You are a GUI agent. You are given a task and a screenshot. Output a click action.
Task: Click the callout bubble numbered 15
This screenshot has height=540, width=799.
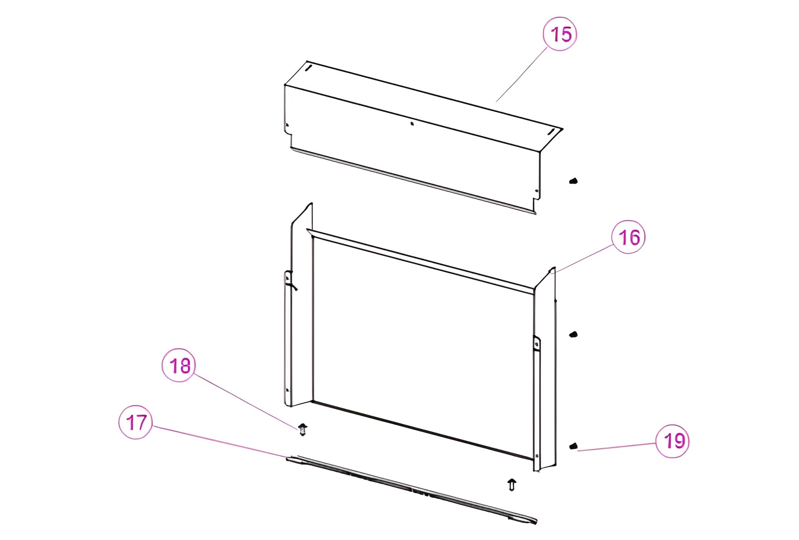(560, 34)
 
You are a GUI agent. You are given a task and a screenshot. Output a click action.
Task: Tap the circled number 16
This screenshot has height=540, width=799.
(628, 237)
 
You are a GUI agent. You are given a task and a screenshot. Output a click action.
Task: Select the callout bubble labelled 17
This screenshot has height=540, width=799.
(136, 422)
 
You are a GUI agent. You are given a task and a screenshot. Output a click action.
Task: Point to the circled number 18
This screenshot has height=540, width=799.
(179, 365)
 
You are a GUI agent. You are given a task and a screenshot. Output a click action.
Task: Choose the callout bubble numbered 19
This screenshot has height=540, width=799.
(672, 441)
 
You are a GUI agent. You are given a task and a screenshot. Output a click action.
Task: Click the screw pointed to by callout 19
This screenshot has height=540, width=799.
(573, 446)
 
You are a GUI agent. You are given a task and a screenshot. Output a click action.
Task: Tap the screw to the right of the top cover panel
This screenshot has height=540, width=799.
(573, 181)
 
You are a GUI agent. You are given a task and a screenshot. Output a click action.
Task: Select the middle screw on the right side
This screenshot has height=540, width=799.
(573, 334)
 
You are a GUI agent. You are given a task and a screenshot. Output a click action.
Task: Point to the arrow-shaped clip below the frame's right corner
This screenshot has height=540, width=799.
(512, 485)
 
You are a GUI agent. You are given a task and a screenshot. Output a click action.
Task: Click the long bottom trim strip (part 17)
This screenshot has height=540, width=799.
(411, 489)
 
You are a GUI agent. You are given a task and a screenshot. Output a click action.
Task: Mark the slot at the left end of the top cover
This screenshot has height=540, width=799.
(308, 67)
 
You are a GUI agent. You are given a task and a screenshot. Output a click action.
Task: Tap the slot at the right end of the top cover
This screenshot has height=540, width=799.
(551, 132)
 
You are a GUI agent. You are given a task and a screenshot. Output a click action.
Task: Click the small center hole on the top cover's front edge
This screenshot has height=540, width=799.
(412, 123)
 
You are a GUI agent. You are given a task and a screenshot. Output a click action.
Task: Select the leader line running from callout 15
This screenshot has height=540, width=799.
(521, 74)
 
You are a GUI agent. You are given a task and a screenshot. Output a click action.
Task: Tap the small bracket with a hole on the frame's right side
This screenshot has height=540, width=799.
(537, 343)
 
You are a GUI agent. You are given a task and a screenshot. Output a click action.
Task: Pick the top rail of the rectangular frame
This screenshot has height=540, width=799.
(420, 261)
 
